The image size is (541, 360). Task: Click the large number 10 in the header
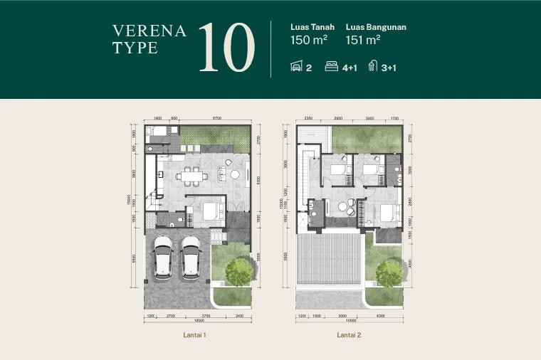point(226,48)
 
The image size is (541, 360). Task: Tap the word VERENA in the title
point(149,31)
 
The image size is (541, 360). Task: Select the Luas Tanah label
point(312,28)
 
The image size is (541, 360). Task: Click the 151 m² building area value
point(363,41)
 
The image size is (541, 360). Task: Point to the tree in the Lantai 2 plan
point(389,272)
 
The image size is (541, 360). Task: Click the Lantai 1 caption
point(194,334)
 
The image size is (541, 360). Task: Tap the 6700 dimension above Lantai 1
point(217,118)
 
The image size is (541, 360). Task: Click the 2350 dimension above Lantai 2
point(308,118)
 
